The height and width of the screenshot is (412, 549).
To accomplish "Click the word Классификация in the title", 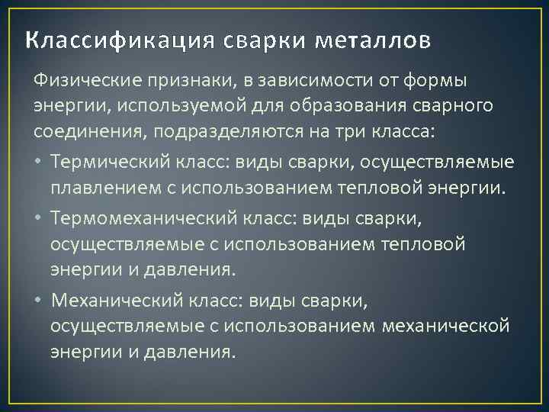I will [x=120, y=39].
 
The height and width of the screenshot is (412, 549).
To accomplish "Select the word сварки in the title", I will [x=258, y=39].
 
